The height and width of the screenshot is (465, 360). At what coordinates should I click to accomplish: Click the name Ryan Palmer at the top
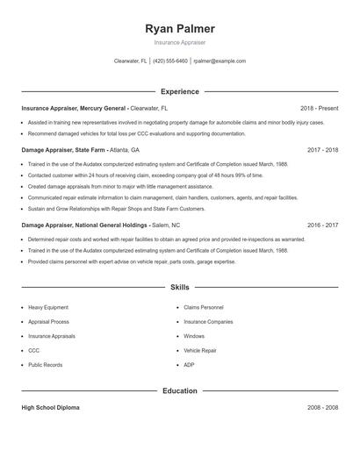(179, 29)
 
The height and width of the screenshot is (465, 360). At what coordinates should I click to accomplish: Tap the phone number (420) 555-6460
(170, 61)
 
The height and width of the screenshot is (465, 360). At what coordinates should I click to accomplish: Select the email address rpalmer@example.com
(220, 61)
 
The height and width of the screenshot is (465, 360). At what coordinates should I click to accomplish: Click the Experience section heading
(179, 91)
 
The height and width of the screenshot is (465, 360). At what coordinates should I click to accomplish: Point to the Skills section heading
(179, 287)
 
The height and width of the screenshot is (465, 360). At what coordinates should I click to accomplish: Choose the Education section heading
(179, 390)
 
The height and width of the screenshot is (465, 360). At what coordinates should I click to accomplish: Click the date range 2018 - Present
(319, 108)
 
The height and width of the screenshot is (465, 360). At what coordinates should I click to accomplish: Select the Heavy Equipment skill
(48, 308)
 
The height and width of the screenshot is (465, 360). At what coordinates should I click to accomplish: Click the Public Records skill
(46, 364)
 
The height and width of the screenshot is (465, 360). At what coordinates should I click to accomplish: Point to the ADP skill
(189, 364)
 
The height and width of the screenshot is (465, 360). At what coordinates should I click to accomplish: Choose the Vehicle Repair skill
(201, 350)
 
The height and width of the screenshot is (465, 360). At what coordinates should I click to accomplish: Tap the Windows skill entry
(194, 336)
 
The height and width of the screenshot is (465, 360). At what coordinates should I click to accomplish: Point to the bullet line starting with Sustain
(116, 210)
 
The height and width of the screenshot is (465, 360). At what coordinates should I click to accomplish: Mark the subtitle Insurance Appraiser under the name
(179, 42)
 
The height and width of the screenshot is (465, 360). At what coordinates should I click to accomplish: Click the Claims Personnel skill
(204, 308)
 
